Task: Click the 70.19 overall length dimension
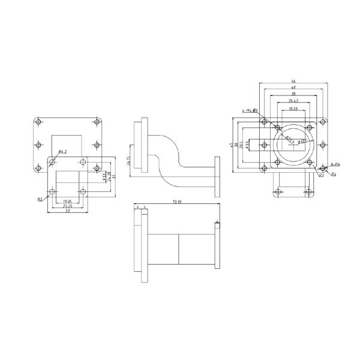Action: coord(176,202)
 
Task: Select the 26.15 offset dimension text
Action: coord(128,161)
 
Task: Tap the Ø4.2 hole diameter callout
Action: coord(62,151)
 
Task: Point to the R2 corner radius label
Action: coord(40,198)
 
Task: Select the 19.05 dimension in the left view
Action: coord(67,202)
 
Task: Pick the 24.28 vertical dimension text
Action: coord(109,175)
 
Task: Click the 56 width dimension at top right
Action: coord(293,82)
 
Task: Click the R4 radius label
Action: coord(334,174)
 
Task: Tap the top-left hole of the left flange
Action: coord(38,122)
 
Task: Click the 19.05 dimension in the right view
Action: coord(293,110)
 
